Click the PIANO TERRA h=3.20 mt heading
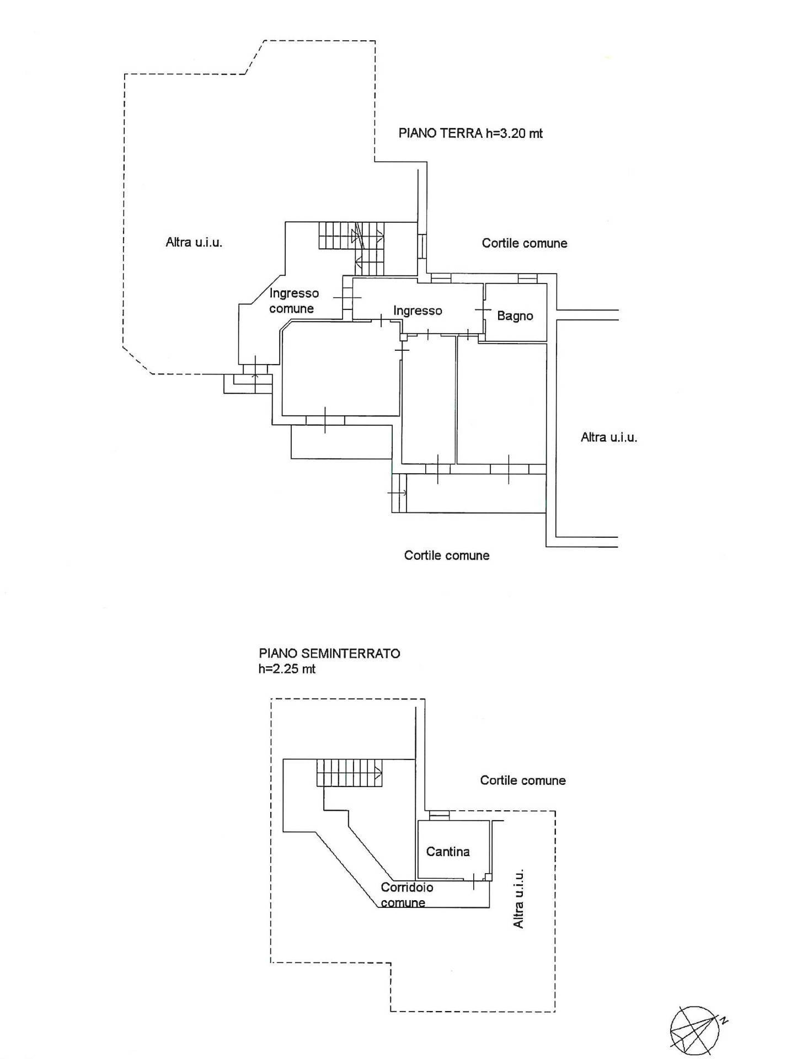[470, 133]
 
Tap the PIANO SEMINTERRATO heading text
[329, 653]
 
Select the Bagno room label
[515, 315]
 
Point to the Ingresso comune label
[293, 301]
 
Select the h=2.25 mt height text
[287, 669]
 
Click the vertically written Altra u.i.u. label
[518, 898]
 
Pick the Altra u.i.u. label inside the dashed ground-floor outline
[194, 242]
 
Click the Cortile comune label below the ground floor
[446, 555]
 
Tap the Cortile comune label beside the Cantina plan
[522, 780]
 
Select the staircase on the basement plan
[349, 772]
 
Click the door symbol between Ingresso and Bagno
[483, 311]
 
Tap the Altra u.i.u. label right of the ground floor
[608, 437]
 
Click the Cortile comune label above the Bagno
[524, 243]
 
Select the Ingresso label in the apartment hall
[418, 311]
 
